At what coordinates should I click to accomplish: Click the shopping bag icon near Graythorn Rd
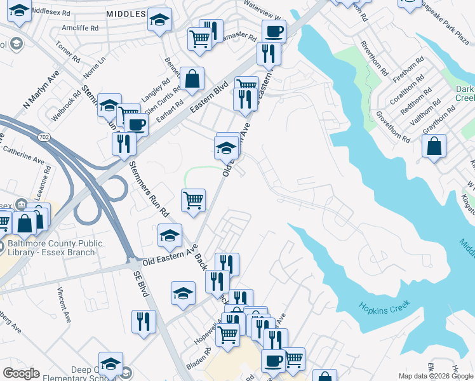coord(433,146)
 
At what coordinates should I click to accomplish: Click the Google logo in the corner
coord(22,373)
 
